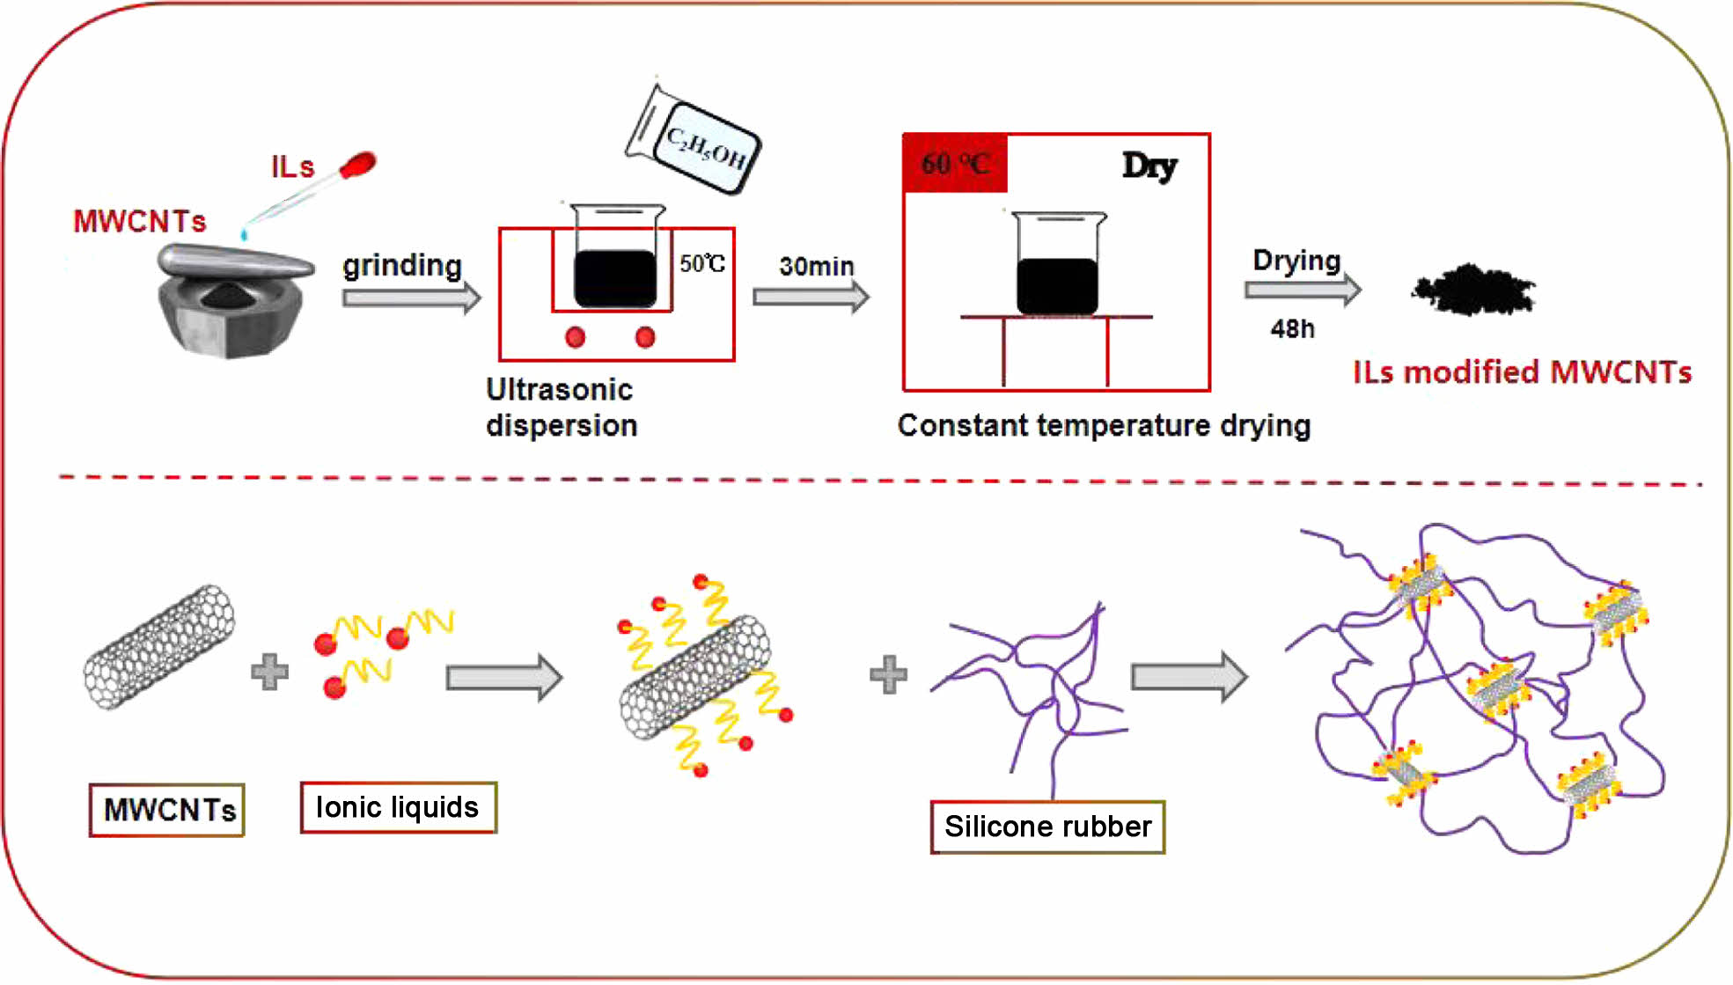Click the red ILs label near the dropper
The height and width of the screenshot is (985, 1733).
292,166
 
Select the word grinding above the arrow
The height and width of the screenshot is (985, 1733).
402,265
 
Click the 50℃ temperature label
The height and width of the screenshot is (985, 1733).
701,263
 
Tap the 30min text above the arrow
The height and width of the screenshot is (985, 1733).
816,266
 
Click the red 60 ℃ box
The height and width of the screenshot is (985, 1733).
955,164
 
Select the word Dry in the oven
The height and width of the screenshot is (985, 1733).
1149,165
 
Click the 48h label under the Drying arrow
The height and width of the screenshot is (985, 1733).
1292,329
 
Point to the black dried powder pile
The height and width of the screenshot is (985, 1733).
1473,290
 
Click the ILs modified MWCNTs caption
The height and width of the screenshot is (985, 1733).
1522,372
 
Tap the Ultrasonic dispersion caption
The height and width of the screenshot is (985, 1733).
562,408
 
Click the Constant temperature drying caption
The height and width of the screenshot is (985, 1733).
1104,425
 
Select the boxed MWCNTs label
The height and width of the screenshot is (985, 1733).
167,810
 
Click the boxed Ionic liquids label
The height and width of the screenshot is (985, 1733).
398,807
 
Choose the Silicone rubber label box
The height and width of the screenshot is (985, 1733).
1047,827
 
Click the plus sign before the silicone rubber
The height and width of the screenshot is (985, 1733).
888,675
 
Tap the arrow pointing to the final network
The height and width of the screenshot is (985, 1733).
1189,676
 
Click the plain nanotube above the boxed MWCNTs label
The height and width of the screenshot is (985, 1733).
159,647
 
